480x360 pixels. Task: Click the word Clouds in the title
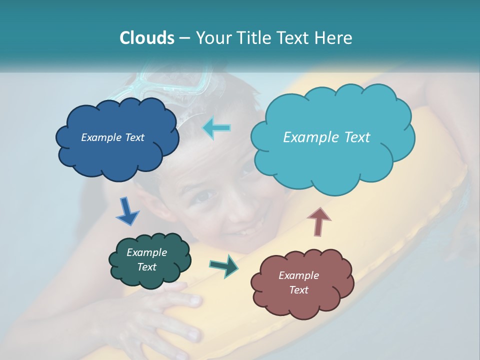(x=147, y=38)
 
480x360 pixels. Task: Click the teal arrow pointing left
(x=216, y=128)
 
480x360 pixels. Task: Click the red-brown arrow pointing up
(x=318, y=221)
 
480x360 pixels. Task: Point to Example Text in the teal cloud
(x=326, y=137)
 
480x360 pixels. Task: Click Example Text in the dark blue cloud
(x=112, y=137)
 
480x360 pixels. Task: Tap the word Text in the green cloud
(x=146, y=267)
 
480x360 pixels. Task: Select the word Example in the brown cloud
(x=298, y=275)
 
